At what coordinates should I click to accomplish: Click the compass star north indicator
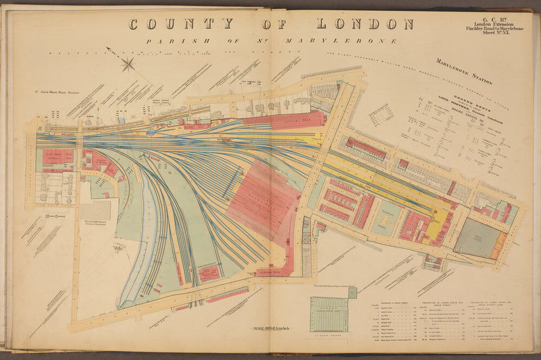click(128, 64)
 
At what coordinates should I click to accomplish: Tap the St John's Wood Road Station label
click(57, 93)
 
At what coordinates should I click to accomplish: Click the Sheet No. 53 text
click(494, 31)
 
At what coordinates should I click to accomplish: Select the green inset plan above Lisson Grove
click(329, 314)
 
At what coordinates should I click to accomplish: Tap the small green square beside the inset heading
click(352, 293)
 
